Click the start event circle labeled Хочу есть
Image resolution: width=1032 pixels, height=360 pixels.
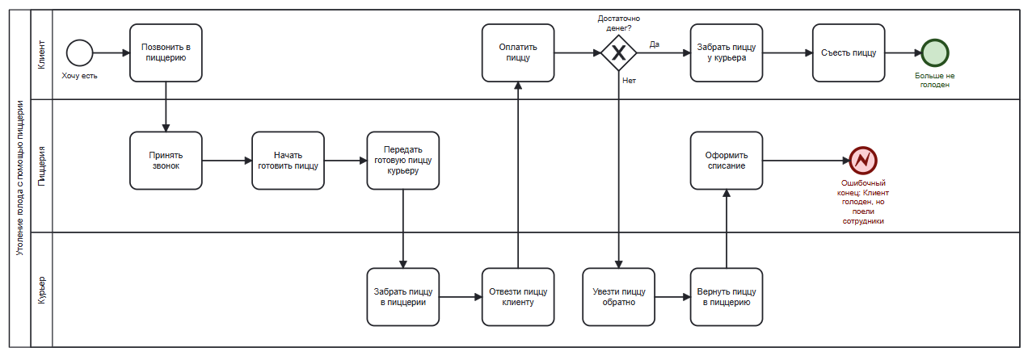(79, 53)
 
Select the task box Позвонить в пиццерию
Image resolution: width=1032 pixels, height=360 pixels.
(166, 52)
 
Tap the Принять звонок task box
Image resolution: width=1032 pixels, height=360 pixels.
(166, 161)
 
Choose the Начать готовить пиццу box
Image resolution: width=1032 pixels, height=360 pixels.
(288, 161)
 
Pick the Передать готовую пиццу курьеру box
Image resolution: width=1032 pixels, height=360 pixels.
(403, 161)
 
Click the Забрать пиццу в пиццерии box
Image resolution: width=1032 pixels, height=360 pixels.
(403, 296)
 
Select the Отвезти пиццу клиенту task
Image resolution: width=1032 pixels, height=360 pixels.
(518, 296)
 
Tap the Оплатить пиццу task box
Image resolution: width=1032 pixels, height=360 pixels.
(518, 52)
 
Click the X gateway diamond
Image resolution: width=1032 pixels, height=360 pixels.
(618, 53)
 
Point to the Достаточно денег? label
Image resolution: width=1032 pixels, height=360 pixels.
(618, 23)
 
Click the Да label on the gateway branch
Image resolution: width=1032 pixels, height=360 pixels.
(655, 44)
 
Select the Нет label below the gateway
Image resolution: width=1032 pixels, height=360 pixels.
(629, 81)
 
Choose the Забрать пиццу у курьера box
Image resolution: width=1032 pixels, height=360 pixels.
(727, 52)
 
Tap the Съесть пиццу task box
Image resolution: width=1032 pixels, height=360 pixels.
(849, 52)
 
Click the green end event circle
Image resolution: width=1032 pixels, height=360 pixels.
(935, 53)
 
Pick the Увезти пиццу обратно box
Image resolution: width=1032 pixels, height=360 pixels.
(619, 296)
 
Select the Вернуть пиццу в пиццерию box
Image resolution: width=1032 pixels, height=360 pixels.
(727, 296)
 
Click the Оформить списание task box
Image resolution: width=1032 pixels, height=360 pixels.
(727, 161)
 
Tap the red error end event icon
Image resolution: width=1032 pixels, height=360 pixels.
(863, 161)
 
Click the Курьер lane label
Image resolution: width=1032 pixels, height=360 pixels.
(41, 290)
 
